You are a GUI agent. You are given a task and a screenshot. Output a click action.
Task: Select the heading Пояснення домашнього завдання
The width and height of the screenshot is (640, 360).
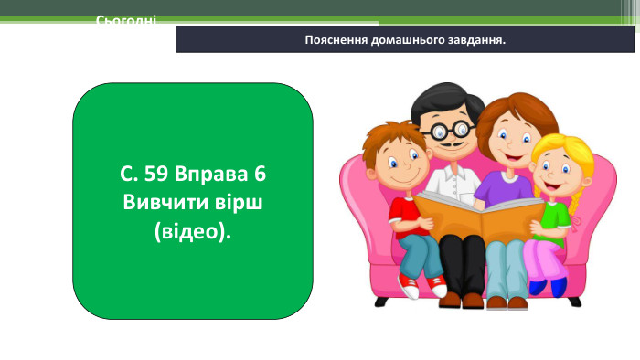[406, 40]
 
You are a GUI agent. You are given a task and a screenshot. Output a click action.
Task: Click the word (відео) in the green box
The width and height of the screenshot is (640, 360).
[192, 228]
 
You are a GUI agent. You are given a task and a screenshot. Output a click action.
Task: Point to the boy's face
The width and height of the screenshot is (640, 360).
[400, 164]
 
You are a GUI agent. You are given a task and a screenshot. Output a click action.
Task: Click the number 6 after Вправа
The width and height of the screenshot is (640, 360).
[259, 174]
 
